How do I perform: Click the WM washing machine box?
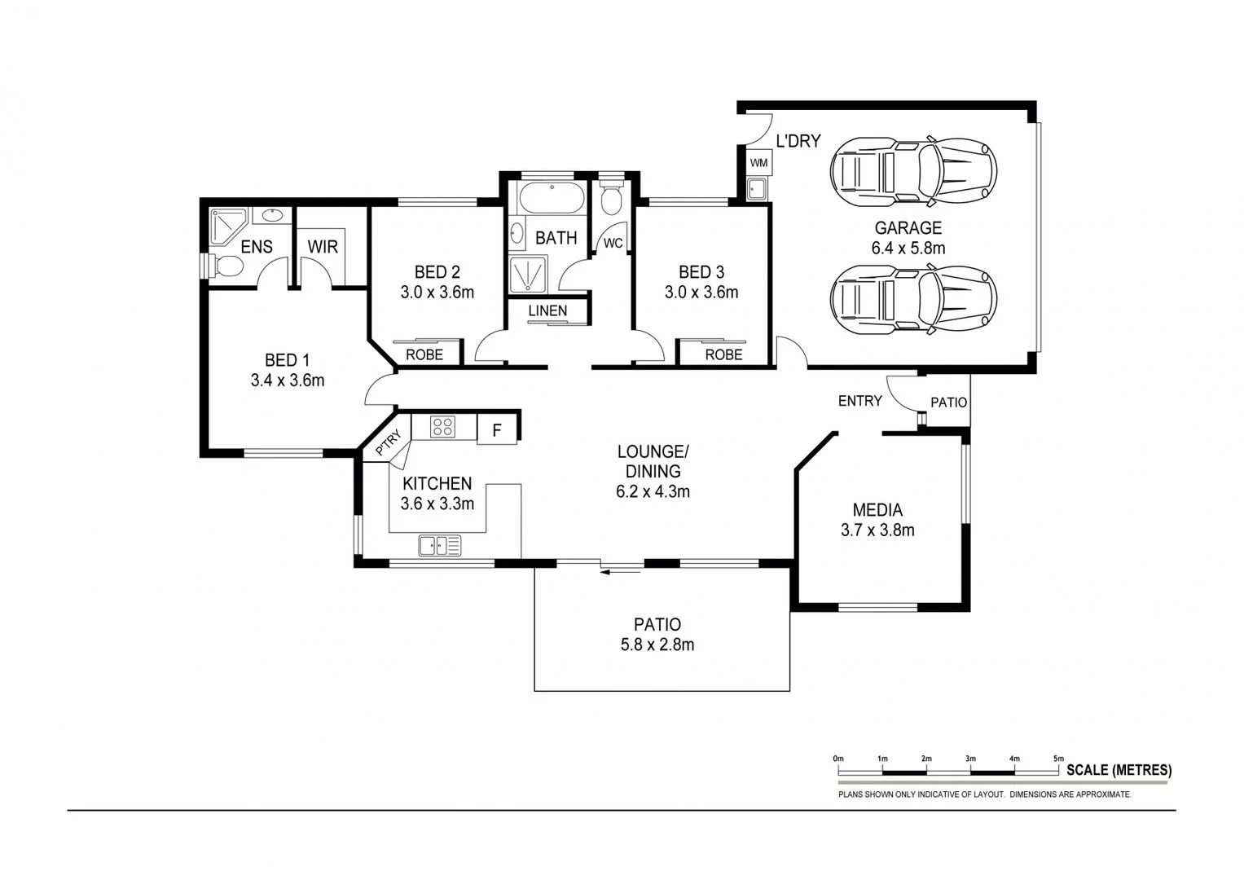pyautogui.click(x=758, y=163)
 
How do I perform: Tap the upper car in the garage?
pyautogui.click(x=912, y=172)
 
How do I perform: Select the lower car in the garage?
pyautogui.click(x=912, y=298)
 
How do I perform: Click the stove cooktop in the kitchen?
pyautogui.click(x=442, y=427)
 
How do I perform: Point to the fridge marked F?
pyautogui.click(x=497, y=429)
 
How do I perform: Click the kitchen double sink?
pyautogui.click(x=440, y=545)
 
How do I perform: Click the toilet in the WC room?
pyautogui.click(x=611, y=198)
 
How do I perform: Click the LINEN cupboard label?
pyautogui.click(x=547, y=310)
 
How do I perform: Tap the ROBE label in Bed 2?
pyautogui.click(x=424, y=354)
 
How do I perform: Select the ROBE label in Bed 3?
pyautogui.click(x=723, y=354)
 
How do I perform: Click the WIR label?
pyautogui.click(x=323, y=246)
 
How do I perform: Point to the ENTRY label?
pyautogui.click(x=859, y=400)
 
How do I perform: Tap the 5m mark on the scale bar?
pyautogui.click(x=1058, y=759)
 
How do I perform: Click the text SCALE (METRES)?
pyautogui.click(x=1119, y=769)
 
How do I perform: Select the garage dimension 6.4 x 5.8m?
pyautogui.click(x=908, y=249)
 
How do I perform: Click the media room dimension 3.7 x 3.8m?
pyautogui.click(x=877, y=530)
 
